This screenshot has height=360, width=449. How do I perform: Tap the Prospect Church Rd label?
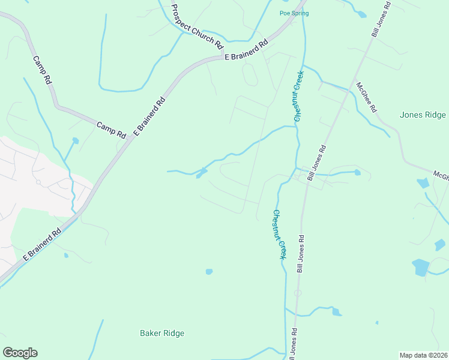tap(197, 27)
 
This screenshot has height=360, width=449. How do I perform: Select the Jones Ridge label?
tap(423, 115)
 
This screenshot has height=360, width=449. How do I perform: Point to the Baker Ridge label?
tap(162, 333)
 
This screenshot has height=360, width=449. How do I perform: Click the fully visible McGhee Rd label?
tap(366, 97)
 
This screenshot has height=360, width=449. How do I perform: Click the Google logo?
tap(20, 353)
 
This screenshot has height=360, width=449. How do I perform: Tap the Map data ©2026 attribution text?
tap(424, 355)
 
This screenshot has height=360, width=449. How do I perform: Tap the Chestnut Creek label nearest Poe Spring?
tap(298, 96)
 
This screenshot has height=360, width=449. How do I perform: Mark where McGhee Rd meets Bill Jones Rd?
tap(348, 91)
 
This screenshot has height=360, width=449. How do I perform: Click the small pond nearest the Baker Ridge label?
tap(209, 272)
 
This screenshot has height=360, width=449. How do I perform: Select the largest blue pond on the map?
tap(421, 267)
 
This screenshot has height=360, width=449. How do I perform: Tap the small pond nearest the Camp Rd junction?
tap(75, 141)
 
